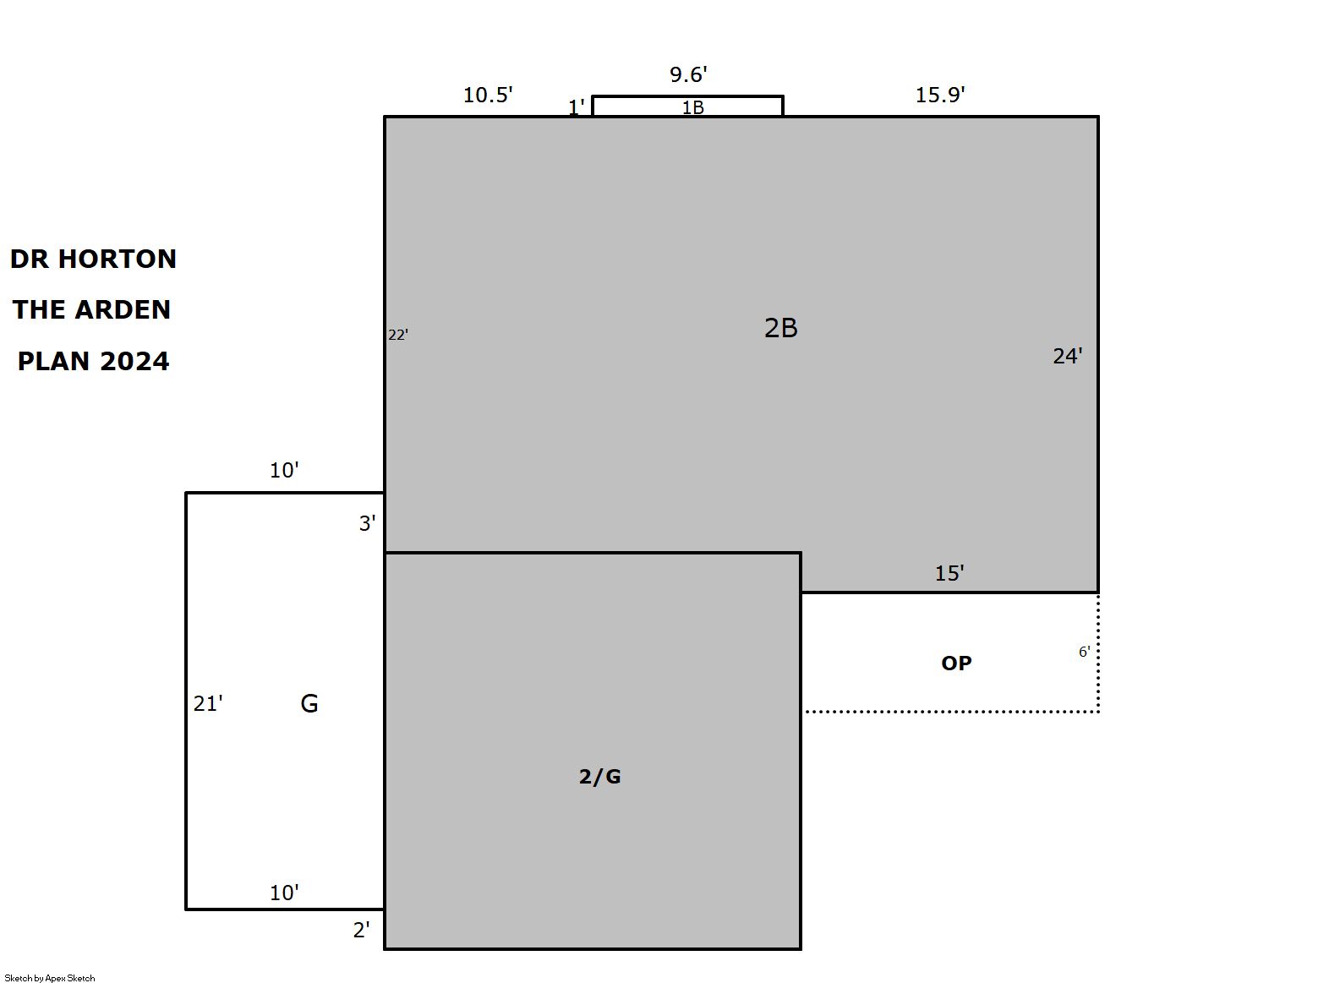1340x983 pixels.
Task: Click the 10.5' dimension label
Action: coord(488,95)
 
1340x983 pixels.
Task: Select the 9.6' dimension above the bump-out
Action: coord(688,74)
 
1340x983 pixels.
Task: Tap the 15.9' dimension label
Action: coord(940,95)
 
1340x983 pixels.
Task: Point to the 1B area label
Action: coord(692,107)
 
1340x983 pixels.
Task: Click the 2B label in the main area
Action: coord(780,328)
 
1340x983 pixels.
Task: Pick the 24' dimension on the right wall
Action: coord(1067,357)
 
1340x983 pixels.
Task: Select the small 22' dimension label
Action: coord(398,335)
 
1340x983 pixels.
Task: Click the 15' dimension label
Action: coord(949,573)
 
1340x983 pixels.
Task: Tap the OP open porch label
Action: coord(956,664)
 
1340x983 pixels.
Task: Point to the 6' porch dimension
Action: coord(1084,652)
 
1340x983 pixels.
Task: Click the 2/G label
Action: coord(599,777)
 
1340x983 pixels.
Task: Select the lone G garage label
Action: coord(309,704)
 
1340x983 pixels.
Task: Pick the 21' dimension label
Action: coord(208,704)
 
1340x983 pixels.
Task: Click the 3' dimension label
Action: coord(367,524)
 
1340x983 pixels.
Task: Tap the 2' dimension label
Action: coord(361,931)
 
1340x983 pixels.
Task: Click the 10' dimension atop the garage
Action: coord(284,471)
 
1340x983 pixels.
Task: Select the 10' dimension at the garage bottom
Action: coord(284,893)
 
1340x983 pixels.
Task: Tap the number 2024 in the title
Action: coord(134,362)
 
